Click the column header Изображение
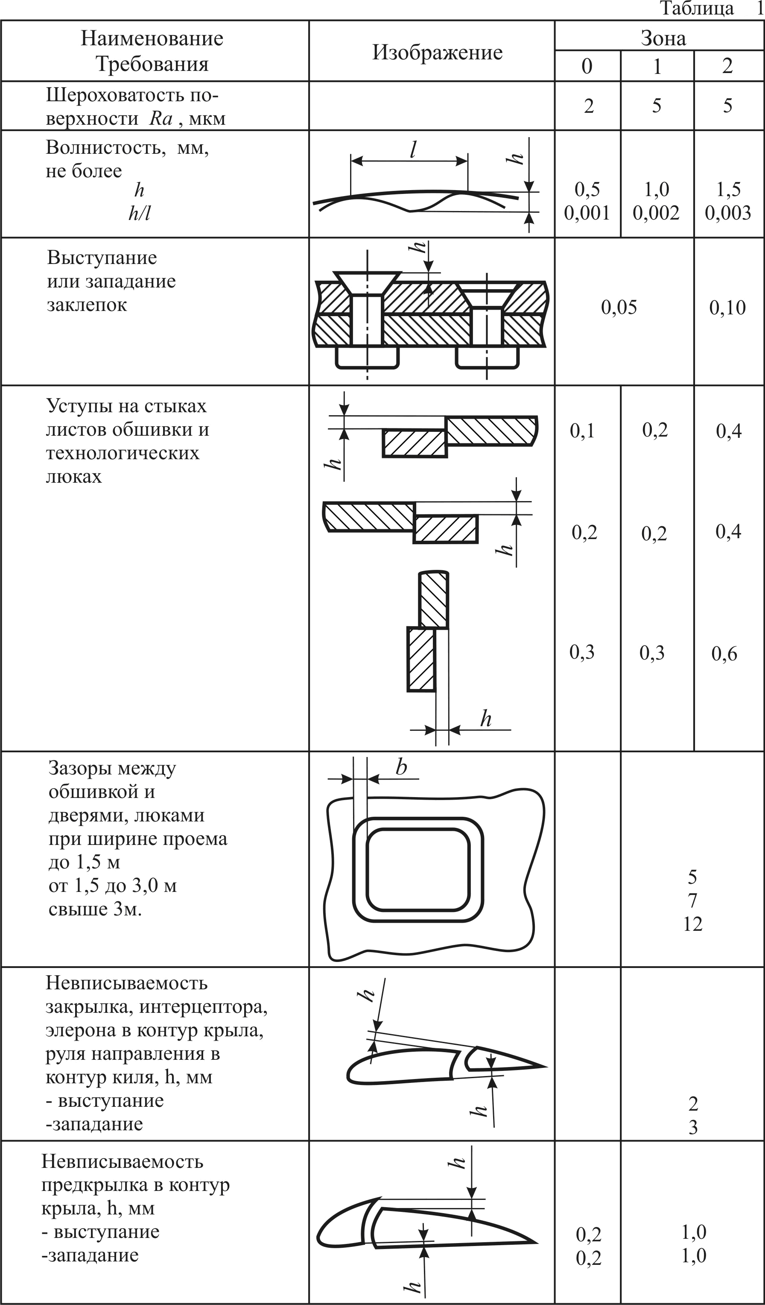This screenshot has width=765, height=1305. tap(438, 52)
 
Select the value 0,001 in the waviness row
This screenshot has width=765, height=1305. tap(587, 213)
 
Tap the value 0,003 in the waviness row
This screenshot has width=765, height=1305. tap(728, 213)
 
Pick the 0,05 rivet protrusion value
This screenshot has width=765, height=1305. tap(619, 308)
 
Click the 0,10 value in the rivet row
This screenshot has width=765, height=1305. tap(728, 308)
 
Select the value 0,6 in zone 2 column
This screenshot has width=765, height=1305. tap(724, 654)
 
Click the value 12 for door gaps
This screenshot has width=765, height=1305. tap(693, 924)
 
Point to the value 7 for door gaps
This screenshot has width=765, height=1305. tap(692, 900)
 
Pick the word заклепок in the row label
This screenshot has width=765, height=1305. tap(87, 305)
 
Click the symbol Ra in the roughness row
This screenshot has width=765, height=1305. tap(161, 119)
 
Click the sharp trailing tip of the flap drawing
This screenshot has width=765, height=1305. tap(546, 1067)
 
